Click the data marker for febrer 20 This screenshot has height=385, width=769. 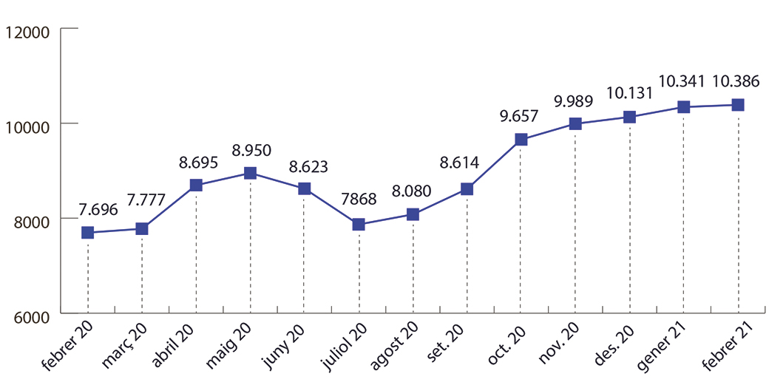[x=88, y=233]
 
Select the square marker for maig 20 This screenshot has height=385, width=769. [x=251, y=173]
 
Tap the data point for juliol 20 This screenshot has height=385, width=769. [x=359, y=224]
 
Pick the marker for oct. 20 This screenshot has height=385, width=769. [x=521, y=139]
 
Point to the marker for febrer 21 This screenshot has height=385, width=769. [x=738, y=105]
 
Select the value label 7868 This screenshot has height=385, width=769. [x=359, y=200]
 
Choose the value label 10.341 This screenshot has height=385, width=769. [x=682, y=81]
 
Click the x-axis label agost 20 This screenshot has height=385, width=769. [x=393, y=347]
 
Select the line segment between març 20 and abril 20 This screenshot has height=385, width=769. [x=169, y=208]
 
